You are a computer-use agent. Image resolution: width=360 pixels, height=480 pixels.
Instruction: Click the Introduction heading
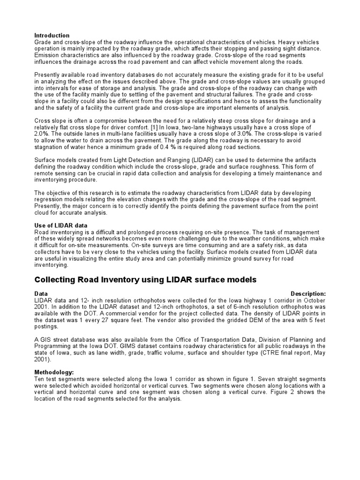pos(52,36)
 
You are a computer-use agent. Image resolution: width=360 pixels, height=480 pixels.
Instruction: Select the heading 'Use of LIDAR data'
pos(61,225)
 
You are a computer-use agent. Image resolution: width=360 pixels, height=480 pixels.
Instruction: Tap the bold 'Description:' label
pos(308,294)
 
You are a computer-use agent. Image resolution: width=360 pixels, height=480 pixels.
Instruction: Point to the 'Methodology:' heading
pos(54,372)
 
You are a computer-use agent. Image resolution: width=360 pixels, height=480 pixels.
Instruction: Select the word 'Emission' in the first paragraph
pos(47,55)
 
